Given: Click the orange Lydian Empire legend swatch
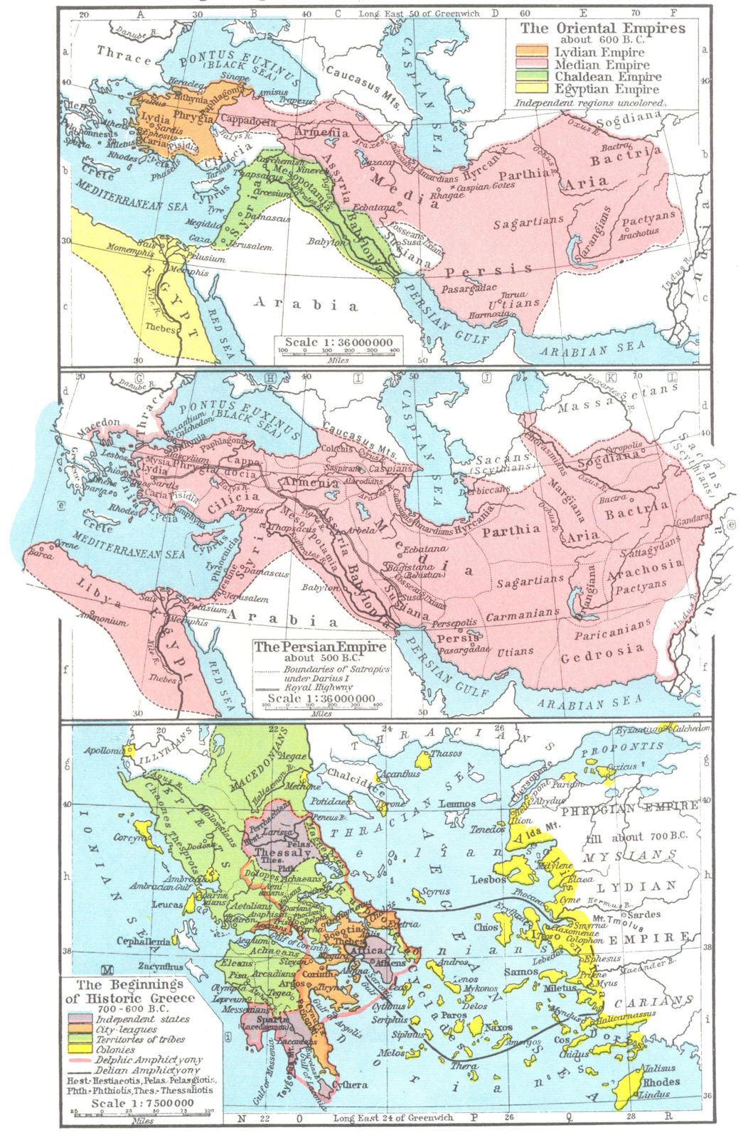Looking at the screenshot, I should pos(533,52).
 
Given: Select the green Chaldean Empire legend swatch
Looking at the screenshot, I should pos(533,77).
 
